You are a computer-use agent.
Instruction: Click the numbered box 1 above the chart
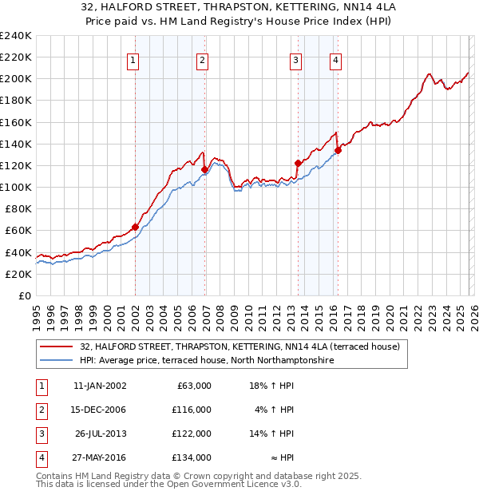(133, 60)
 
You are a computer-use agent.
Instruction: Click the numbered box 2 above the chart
(203, 60)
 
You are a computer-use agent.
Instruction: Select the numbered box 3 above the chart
(295, 60)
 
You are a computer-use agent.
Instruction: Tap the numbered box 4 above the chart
(336, 60)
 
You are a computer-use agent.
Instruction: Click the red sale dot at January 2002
(135, 227)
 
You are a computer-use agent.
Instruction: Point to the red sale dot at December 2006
(205, 169)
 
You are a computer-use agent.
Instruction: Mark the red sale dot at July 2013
(298, 163)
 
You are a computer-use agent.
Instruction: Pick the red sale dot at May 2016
(338, 150)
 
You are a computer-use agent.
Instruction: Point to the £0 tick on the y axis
(24, 295)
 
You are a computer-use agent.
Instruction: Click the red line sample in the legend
(57, 346)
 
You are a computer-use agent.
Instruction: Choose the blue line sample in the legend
(57, 361)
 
